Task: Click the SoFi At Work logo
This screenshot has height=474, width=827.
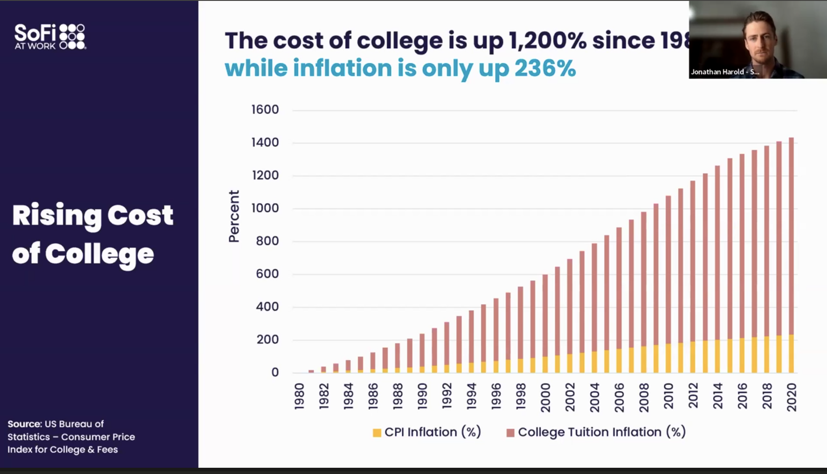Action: pos(50,37)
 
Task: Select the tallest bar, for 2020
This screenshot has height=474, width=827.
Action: pos(791,254)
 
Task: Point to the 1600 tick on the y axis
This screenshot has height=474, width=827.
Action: pos(265,110)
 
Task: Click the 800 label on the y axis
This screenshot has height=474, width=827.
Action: pos(267,241)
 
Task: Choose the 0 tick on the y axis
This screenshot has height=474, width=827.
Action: pos(275,372)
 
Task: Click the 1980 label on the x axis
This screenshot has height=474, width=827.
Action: pos(299,396)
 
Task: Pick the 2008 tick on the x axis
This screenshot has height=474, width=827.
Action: pos(644,397)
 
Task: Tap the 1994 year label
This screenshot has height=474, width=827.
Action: pos(471,396)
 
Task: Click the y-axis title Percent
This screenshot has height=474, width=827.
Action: pos(234,217)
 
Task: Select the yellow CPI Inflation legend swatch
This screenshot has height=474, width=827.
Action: pos(377,433)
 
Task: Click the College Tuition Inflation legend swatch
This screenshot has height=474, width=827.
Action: pos(511,433)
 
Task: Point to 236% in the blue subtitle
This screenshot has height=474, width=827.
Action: pos(545,69)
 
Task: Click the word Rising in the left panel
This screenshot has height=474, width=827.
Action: pos(57,216)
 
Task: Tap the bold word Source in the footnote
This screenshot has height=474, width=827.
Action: pos(25,424)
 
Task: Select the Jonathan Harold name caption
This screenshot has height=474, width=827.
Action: pos(725,72)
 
